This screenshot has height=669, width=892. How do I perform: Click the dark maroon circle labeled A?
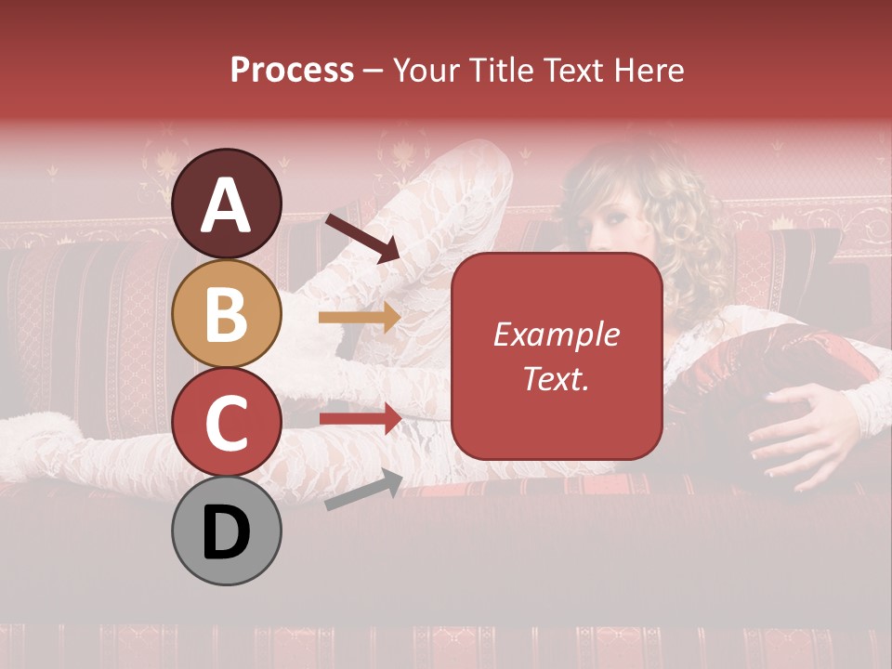point(227,203)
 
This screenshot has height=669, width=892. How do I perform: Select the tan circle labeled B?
point(227,314)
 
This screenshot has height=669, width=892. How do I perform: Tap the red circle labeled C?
point(227,422)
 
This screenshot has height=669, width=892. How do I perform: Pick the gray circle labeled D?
point(227,531)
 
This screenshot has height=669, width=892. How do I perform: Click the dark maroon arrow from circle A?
point(362,238)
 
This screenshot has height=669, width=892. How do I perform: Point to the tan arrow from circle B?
point(359,318)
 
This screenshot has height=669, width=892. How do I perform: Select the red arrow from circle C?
point(359,418)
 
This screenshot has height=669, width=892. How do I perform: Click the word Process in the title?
point(292,70)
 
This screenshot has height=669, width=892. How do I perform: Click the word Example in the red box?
point(556,334)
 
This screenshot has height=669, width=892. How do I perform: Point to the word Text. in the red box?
point(556,378)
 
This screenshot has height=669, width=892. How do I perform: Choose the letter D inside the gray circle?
point(227,532)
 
